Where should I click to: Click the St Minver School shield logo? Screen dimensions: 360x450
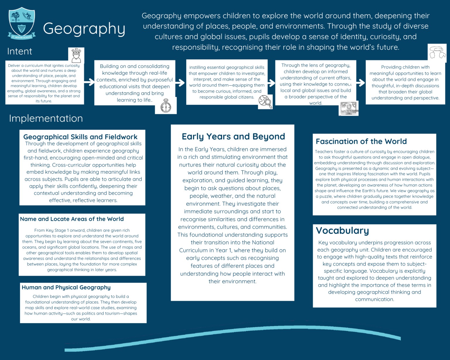(22, 23)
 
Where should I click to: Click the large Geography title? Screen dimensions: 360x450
(84, 29)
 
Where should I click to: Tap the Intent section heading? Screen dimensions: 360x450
(20, 52)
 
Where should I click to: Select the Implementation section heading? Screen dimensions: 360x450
(46, 118)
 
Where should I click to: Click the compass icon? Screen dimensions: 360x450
(166, 106)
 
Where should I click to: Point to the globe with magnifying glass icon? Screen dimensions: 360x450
(265, 102)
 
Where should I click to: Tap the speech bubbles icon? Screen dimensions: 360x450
(437, 53)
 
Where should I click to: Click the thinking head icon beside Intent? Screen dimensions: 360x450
(76, 55)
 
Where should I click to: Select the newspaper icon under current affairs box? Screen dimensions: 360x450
(348, 108)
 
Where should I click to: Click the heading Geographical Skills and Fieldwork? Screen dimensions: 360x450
(80, 137)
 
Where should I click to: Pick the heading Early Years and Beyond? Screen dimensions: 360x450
(233, 137)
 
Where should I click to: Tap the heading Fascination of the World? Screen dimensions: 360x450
(361, 141)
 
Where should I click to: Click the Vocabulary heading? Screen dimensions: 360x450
(342, 231)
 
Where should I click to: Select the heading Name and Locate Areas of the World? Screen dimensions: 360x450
(72, 219)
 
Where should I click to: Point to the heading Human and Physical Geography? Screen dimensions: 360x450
(66, 287)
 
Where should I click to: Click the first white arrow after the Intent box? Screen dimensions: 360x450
(89, 82)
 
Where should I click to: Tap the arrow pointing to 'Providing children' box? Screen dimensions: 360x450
(361, 83)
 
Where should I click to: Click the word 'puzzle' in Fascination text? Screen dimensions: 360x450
(326, 197)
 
